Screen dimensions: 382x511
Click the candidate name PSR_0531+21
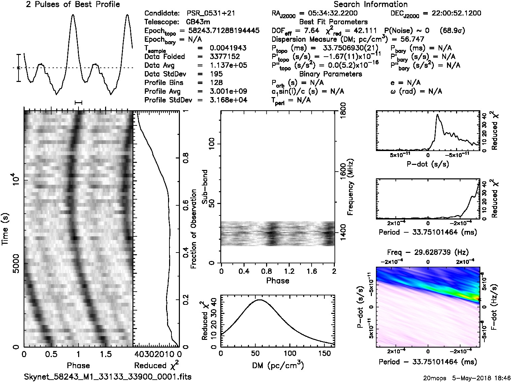click(211, 13)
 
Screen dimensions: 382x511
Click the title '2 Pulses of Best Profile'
click(73, 5)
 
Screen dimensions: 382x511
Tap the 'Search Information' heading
click(371, 5)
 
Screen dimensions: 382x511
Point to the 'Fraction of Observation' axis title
click(194, 229)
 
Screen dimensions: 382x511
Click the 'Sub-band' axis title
click(205, 187)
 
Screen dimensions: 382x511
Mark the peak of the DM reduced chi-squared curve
click(259, 299)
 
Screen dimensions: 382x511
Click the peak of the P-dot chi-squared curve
click(437, 115)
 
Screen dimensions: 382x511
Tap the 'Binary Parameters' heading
click(331, 74)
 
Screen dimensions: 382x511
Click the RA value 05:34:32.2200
click(328, 13)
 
